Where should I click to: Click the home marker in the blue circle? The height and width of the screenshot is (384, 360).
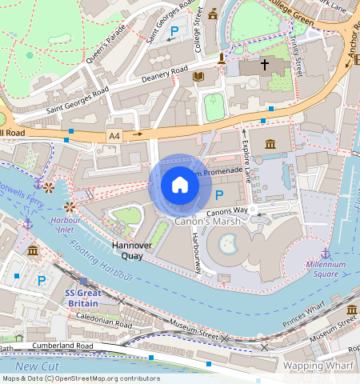click(x=180, y=186)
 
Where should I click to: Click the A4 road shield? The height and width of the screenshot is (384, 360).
click(x=114, y=136)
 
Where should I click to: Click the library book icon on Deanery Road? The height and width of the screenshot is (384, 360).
click(x=198, y=76)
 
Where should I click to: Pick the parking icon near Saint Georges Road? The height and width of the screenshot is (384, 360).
click(x=174, y=33)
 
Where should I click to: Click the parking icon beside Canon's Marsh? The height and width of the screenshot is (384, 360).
click(x=219, y=196)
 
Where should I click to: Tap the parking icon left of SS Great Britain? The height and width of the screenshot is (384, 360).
click(x=42, y=280)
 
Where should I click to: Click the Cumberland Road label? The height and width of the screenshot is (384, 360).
click(x=63, y=346)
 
